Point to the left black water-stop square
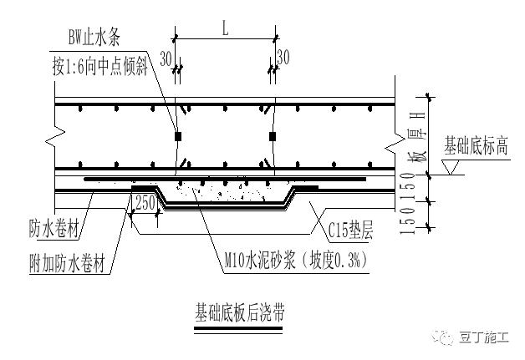pos(178,135)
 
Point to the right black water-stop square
pos(273,135)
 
